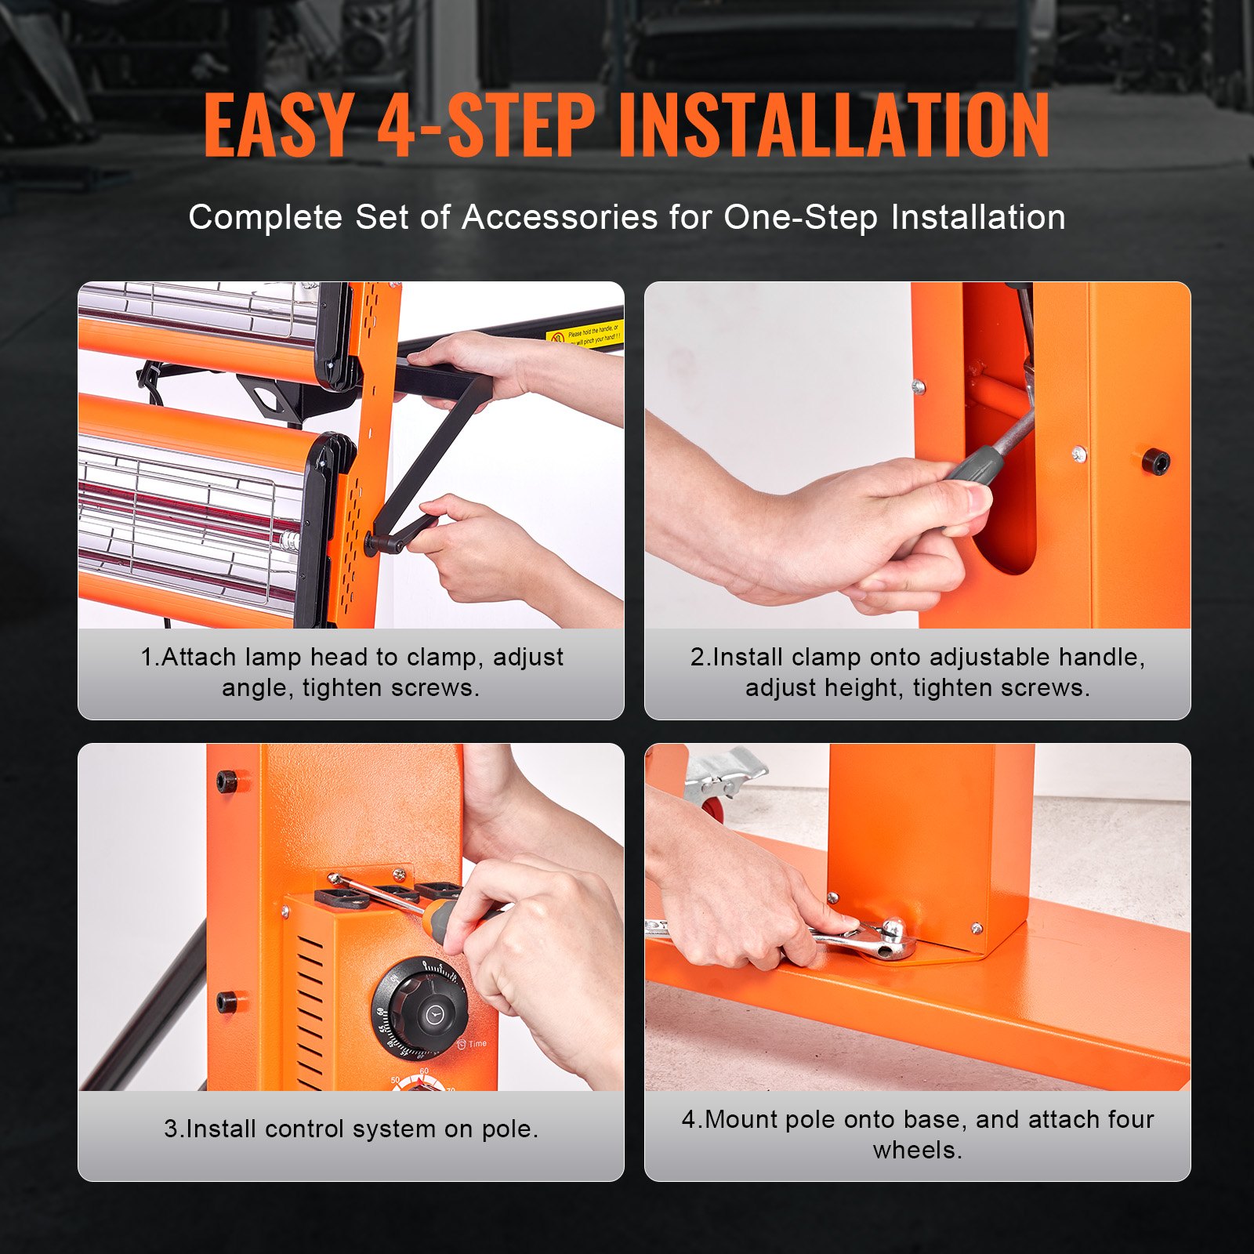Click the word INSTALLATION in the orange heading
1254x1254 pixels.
point(834,125)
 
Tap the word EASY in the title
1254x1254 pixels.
point(278,125)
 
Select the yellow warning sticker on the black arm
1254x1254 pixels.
point(584,335)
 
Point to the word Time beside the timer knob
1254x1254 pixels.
point(477,1044)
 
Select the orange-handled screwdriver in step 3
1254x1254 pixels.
point(455,914)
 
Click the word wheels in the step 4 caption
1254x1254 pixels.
point(917,1150)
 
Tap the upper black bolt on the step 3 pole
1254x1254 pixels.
point(227,781)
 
